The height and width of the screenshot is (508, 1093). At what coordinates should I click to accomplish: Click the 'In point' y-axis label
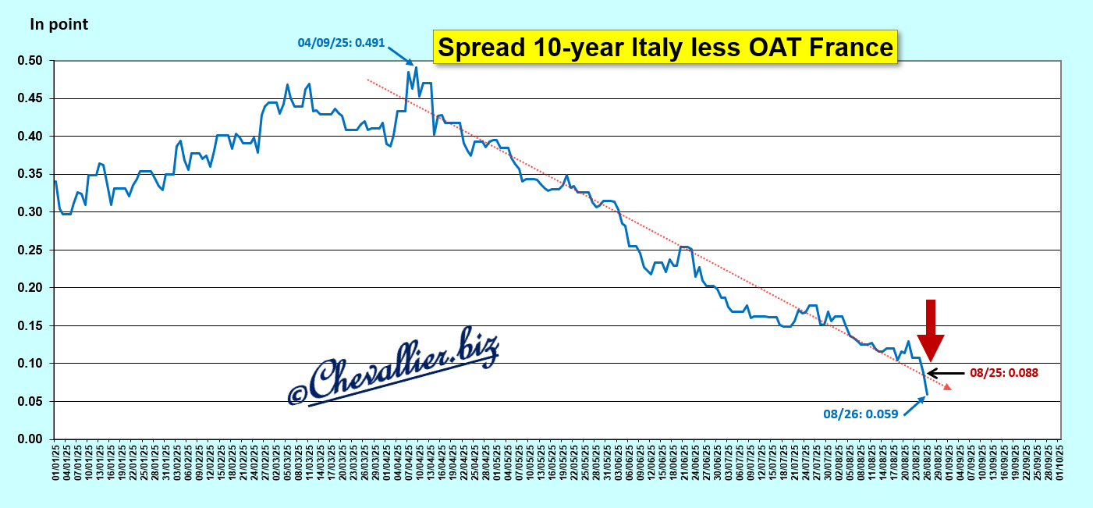(x=59, y=24)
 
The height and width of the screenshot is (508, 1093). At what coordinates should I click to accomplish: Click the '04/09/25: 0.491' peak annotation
(x=341, y=42)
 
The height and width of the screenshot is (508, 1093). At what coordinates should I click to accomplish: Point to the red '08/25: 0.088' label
(x=1003, y=373)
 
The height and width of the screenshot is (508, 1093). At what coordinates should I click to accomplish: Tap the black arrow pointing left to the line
(x=944, y=374)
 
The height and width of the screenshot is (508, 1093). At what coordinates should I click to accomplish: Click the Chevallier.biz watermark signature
(x=394, y=367)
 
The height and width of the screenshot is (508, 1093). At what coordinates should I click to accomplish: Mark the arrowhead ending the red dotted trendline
(x=947, y=387)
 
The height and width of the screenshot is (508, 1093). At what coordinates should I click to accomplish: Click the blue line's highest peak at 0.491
(x=416, y=68)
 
